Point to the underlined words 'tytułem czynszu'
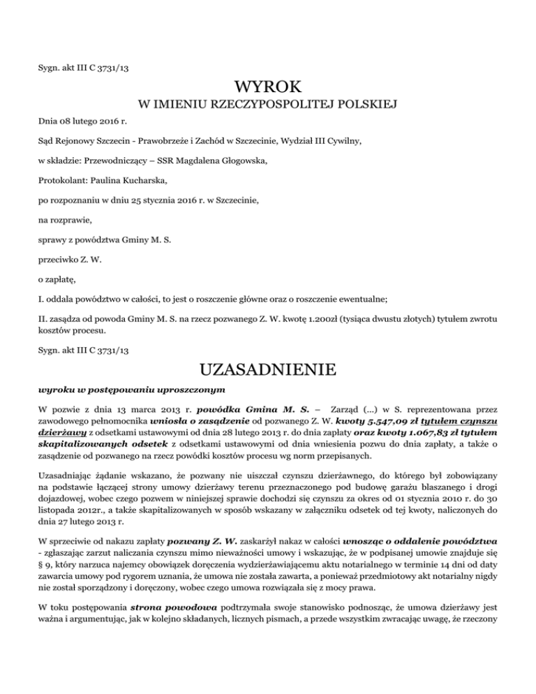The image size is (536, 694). coord(461,422)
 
